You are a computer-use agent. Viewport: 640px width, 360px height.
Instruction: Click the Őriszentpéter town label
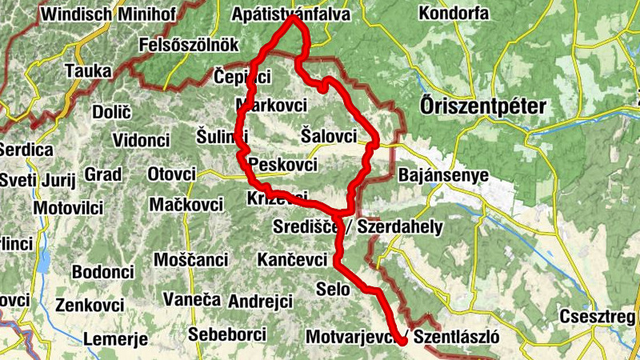click(482, 106)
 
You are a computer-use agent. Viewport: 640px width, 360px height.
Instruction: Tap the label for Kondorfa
click(453, 14)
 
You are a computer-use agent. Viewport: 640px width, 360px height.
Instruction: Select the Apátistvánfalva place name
click(291, 14)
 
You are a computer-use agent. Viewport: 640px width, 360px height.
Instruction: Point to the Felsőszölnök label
click(189, 45)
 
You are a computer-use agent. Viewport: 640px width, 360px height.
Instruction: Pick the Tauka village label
click(89, 70)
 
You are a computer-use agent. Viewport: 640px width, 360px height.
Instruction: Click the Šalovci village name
click(329, 136)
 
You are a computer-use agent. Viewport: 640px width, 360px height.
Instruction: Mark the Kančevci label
click(292, 260)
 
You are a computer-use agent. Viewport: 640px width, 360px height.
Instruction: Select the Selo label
click(333, 289)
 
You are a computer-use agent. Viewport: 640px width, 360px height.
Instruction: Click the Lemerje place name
click(115, 338)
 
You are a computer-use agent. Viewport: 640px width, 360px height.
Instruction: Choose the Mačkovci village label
click(186, 204)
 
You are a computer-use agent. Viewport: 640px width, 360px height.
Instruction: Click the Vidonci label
click(142, 141)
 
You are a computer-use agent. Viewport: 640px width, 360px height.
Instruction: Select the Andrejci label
click(260, 302)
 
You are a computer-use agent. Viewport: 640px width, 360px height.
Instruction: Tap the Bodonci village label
click(102, 272)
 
